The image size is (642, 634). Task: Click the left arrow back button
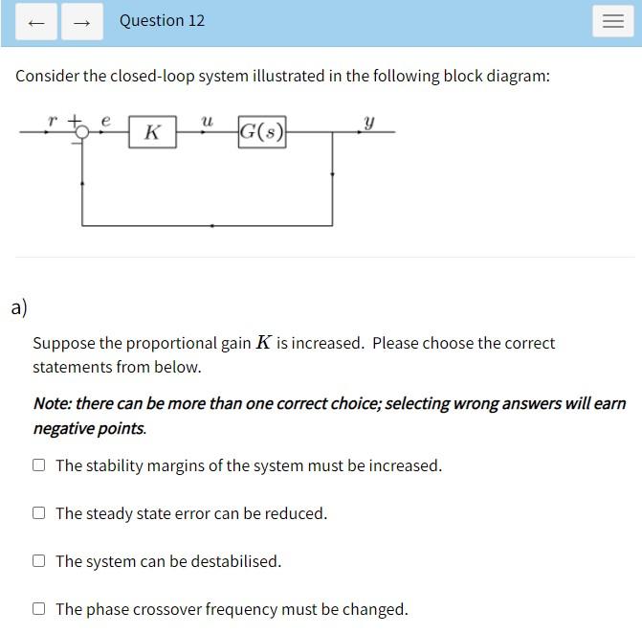(x=36, y=22)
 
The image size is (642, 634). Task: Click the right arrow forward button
(x=82, y=22)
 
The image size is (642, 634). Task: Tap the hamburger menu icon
(x=613, y=22)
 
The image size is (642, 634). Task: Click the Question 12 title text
(x=162, y=20)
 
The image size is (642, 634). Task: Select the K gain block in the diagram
(x=152, y=132)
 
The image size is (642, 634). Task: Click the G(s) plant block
(x=262, y=131)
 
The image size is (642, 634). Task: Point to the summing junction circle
(x=82, y=132)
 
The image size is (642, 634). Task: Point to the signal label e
(x=105, y=121)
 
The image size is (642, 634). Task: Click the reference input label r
(x=53, y=121)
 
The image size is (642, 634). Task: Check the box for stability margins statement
(x=38, y=465)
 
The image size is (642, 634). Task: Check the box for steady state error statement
(x=38, y=513)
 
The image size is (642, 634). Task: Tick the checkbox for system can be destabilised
(x=38, y=561)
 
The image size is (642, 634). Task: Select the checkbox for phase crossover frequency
(x=38, y=609)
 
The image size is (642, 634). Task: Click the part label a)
(x=19, y=307)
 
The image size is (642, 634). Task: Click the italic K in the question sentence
(x=263, y=343)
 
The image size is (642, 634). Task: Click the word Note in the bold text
(x=51, y=403)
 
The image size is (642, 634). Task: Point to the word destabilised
(x=234, y=561)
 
